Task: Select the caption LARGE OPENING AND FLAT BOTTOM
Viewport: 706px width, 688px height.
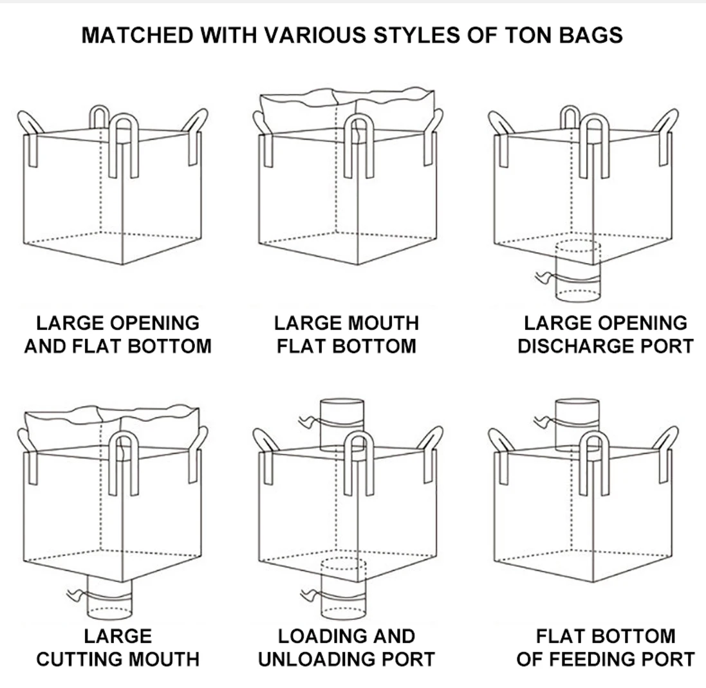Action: pos(118,334)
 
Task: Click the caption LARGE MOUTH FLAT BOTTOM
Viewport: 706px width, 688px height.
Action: pos(346,334)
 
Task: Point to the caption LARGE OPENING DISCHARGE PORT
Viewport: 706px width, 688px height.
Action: pos(606,334)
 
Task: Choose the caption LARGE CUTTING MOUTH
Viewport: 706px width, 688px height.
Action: pos(118,647)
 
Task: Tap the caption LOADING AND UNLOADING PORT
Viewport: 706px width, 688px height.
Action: pos(346,647)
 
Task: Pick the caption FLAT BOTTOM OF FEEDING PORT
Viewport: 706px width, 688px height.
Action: pos(606,647)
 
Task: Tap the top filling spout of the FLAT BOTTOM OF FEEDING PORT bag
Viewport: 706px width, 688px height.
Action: pos(577,421)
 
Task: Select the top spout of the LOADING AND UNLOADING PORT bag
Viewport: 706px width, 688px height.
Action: pos(342,421)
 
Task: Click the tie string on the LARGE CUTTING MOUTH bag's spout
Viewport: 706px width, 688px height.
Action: pos(76,593)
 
